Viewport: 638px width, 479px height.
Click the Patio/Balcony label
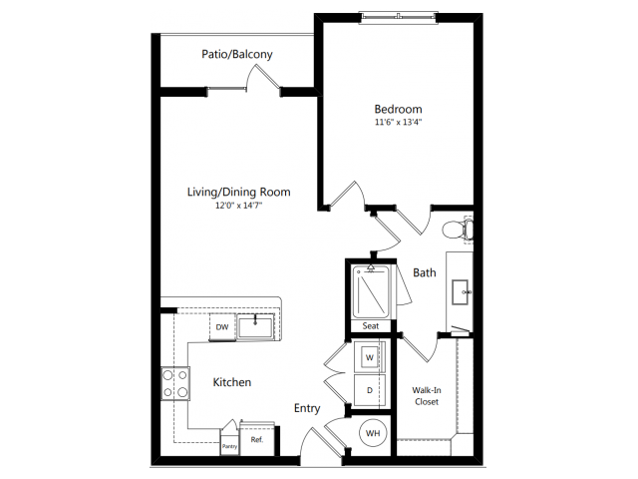pos(237,55)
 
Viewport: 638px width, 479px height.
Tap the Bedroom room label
pos(398,109)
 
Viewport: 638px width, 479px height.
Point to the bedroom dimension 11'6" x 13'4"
pos(398,122)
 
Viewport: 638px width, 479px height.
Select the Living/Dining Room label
pos(239,192)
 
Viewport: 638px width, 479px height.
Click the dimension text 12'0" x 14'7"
pos(239,206)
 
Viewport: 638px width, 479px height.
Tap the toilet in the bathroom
pos(458,231)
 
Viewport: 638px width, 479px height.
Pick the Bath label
pos(425,272)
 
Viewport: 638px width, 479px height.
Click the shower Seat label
pos(370,326)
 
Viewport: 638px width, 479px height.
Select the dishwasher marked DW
pos(222,326)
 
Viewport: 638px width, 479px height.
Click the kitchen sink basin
pos(255,328)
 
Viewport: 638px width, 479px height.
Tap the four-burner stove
pos(175,383)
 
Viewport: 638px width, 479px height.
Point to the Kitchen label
pos(232,382)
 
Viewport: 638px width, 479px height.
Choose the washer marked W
pos(370,357)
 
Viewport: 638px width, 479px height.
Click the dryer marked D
pos(370,390)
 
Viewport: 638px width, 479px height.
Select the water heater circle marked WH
pos(373,433)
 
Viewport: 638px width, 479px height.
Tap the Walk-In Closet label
pos(426,396)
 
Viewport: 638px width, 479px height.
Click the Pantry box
pos(229,442)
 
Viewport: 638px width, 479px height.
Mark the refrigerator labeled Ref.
pos(257,439)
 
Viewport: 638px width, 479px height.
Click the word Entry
pos(307,408)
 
